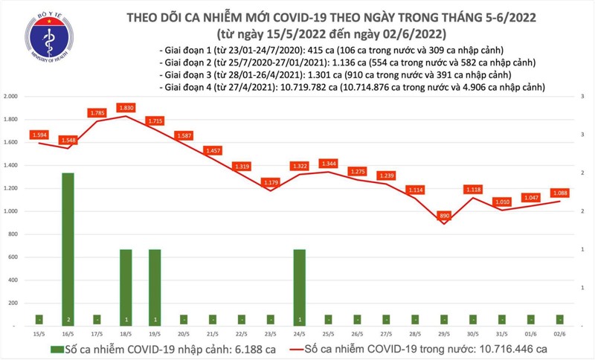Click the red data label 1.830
126,107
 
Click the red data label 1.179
269,182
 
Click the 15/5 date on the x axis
39,335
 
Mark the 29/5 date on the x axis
443,335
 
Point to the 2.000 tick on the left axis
10,97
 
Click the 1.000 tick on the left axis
10,211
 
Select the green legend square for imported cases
57,349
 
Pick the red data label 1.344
327,163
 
